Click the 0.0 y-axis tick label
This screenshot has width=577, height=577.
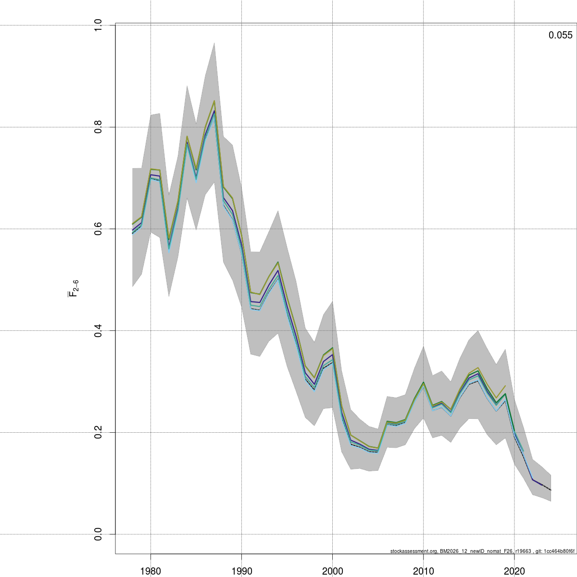click(98, 534)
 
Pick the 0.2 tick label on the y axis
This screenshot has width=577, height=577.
click(98, 433)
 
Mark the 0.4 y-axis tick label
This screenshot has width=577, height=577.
click(98, 331)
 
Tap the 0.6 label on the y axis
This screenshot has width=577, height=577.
click(98, 229)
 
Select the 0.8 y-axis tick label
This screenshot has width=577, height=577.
click(98, 127)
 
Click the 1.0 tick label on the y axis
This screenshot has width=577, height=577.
click(98, 25)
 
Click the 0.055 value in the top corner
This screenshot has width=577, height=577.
click(560, 35)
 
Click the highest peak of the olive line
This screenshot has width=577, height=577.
click(214, 101)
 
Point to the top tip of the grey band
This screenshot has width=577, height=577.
click(214, 43)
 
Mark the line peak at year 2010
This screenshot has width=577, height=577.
click(423, 383)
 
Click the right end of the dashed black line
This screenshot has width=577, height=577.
click(551, 490)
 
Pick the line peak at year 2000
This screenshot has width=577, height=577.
click(332, 348)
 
